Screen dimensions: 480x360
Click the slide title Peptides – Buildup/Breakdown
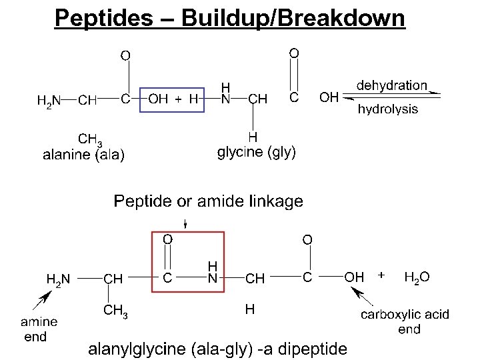229,17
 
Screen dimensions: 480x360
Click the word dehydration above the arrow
391,85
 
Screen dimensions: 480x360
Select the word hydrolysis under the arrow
388,109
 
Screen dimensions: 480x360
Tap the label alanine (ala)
83,155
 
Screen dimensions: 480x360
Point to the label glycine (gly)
257,152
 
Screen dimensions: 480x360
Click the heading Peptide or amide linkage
208,201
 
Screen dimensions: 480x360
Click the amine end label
39,329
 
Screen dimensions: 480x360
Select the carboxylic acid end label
405,321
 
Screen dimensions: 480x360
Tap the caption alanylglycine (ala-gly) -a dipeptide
218,348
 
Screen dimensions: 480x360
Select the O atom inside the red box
168,238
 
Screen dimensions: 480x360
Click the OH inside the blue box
158,99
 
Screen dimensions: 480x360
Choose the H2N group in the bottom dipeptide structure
57,278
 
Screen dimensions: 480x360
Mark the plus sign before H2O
381,274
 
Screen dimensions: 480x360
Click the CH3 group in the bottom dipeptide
115,310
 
